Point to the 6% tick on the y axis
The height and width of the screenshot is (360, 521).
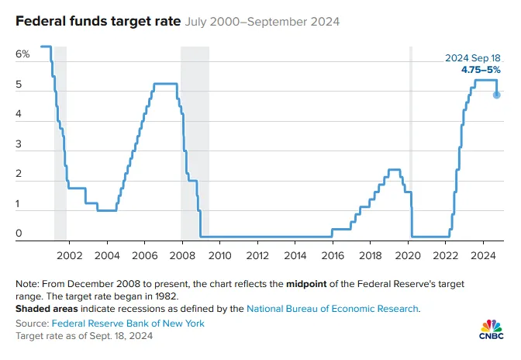pyautogui.click(x=22, y=54)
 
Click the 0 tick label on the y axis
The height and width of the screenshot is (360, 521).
pyautogui.click(x=19, y=233)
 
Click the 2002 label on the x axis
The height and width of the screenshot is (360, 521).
pyautogui.click(x=69, y=254)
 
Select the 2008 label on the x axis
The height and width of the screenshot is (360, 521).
pyautogui.click(x=181, y=254)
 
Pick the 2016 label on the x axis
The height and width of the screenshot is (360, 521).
pyautogui.click(x=332, y=254)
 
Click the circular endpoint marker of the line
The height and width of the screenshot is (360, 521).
pyautogui.click(x=496, y=95)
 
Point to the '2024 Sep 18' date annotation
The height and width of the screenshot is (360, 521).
pyautogui.click(x=473, y=58)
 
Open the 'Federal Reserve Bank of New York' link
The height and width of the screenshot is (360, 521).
pyautogui.click(x=128, y=323)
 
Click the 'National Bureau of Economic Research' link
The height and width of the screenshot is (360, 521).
pyautogui.click(x=333, y=308)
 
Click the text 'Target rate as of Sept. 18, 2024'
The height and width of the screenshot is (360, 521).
pyautogui.click(x=84, y=336)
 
